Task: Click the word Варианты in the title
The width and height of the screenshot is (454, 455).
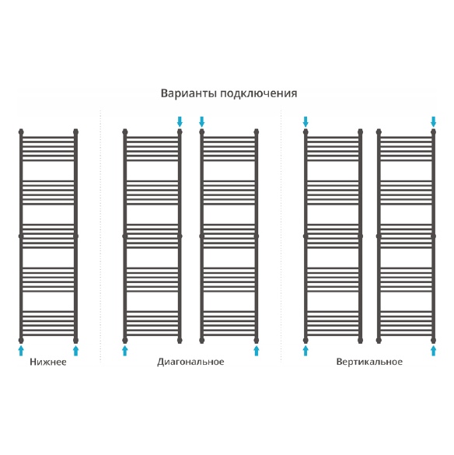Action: click(188, 93)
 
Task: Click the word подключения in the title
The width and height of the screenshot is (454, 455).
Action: click(259, 94)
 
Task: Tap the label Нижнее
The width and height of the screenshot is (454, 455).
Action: click(48, 362)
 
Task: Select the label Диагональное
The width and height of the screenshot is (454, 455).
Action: click(190, 362)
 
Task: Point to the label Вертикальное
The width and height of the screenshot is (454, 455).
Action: click(369, 362)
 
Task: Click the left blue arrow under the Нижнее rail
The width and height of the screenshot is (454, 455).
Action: click(21, 351)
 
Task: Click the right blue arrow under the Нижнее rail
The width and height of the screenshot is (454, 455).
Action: click(75, 351)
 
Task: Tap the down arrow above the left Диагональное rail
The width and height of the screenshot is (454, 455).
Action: click(180, 121)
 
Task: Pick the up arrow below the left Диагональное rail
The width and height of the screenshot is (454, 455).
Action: click(125, 351)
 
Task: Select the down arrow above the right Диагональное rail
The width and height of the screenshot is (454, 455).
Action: click(202, 121)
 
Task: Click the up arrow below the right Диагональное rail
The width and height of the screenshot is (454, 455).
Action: click(257, 351)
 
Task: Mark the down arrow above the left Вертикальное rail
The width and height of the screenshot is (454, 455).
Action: click(306, 121)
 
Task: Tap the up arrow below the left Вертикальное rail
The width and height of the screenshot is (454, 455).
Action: click(306, 351)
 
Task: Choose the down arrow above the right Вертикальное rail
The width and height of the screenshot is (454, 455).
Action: click(434, 121)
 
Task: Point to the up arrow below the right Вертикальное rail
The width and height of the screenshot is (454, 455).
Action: click(434, 351)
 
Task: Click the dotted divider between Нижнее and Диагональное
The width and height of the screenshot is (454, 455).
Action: click(100, 236)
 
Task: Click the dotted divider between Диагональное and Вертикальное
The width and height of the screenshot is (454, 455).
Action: click(281, 236)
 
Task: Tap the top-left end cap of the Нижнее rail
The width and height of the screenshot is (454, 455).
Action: click(21, 132)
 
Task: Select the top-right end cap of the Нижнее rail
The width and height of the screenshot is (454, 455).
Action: click(75, 132)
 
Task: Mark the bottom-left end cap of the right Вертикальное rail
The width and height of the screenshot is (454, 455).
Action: click(379, 340)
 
